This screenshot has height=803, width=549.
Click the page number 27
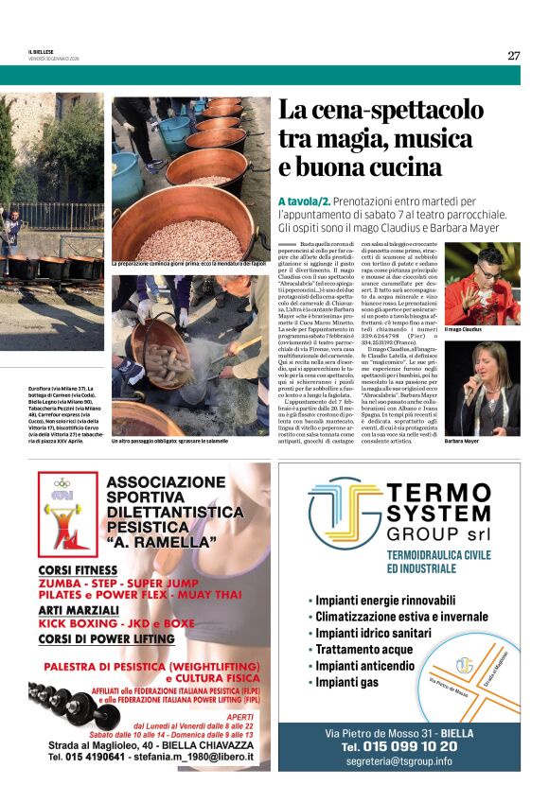click(513, 55)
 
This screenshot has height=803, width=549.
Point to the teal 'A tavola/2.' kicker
click(304, 201)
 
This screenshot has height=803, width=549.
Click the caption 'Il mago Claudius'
click(463, 329)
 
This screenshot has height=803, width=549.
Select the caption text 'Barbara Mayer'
click(462, 441)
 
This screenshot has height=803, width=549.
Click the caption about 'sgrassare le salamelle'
click(169, 441)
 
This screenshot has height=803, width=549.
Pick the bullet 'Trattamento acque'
click(364, 649)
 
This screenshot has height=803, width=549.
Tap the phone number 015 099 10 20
click(412, 746)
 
